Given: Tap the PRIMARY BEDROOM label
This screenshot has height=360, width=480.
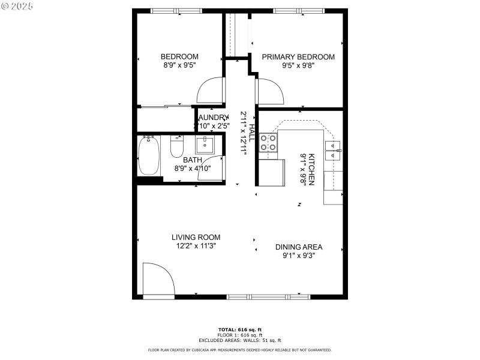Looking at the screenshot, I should coord(298,57).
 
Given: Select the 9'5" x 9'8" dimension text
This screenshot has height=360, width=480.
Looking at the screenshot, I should coord(298,65).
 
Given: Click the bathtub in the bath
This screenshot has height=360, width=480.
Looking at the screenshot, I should coord(149,155).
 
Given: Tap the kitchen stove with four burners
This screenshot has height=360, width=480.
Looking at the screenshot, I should coord(268,143).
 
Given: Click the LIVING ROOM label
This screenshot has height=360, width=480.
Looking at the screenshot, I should coord(196,237).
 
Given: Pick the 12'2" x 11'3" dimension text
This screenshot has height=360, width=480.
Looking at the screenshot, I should coord(196,245).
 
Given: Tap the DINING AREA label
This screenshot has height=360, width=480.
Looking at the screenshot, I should coord(299,247).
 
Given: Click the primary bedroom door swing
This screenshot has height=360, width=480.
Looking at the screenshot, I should coord(269,92).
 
